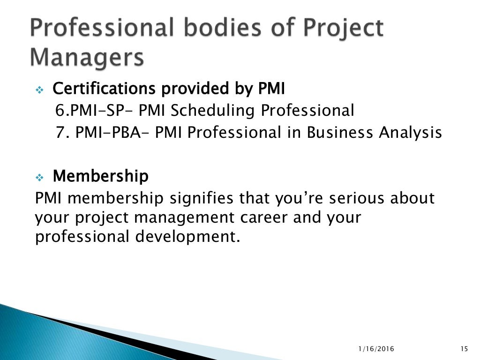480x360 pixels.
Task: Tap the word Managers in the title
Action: pos(87,58)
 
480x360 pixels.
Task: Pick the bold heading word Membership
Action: pos(100,177)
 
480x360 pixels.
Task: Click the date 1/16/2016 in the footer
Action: pos(376,349)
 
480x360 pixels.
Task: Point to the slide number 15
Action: pos(464,349)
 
